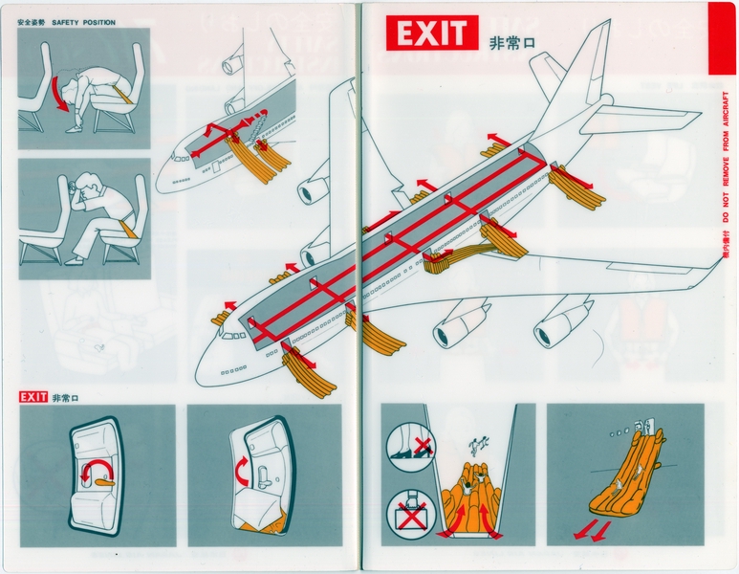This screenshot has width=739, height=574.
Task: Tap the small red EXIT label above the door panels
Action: coord(33,397)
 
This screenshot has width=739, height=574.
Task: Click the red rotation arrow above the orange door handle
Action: coord(95,467)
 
